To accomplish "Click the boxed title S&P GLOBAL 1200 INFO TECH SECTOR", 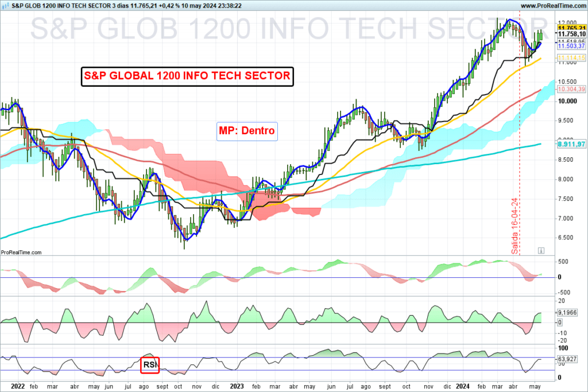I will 187,76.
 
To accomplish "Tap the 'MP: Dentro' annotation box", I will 247,131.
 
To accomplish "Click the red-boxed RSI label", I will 150,364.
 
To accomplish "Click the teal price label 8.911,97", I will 571,144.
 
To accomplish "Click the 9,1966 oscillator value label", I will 567,312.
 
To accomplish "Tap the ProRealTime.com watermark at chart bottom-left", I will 21,252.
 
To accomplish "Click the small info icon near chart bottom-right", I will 540,251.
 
